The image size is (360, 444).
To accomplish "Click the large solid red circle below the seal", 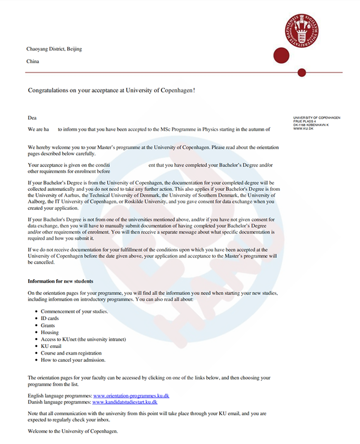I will (x=282, y=56).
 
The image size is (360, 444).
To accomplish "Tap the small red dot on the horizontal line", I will (x=302, y=73).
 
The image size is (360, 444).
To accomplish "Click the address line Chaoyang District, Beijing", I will (x=54, y=49).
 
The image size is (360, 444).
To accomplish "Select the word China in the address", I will (x=33, y=62).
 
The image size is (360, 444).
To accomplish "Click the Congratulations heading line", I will (x=111, y=89).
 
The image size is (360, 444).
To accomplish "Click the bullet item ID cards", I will (x=50, y=319).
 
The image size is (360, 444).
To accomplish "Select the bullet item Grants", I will (x=49, y=325).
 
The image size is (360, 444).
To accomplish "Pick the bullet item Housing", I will (x=50, y=332).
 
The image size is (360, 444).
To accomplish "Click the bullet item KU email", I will (x=52, y=346).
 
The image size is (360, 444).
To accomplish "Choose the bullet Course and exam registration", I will (x=71, y=353).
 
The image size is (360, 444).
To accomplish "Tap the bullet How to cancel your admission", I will (x=73, y=360).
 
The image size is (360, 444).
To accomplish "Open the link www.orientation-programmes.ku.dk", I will (x=131, y=396).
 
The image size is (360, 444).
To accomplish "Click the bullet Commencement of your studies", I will (x=74, y=311).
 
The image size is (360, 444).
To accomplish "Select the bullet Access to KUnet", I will (x=83, y=339).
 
